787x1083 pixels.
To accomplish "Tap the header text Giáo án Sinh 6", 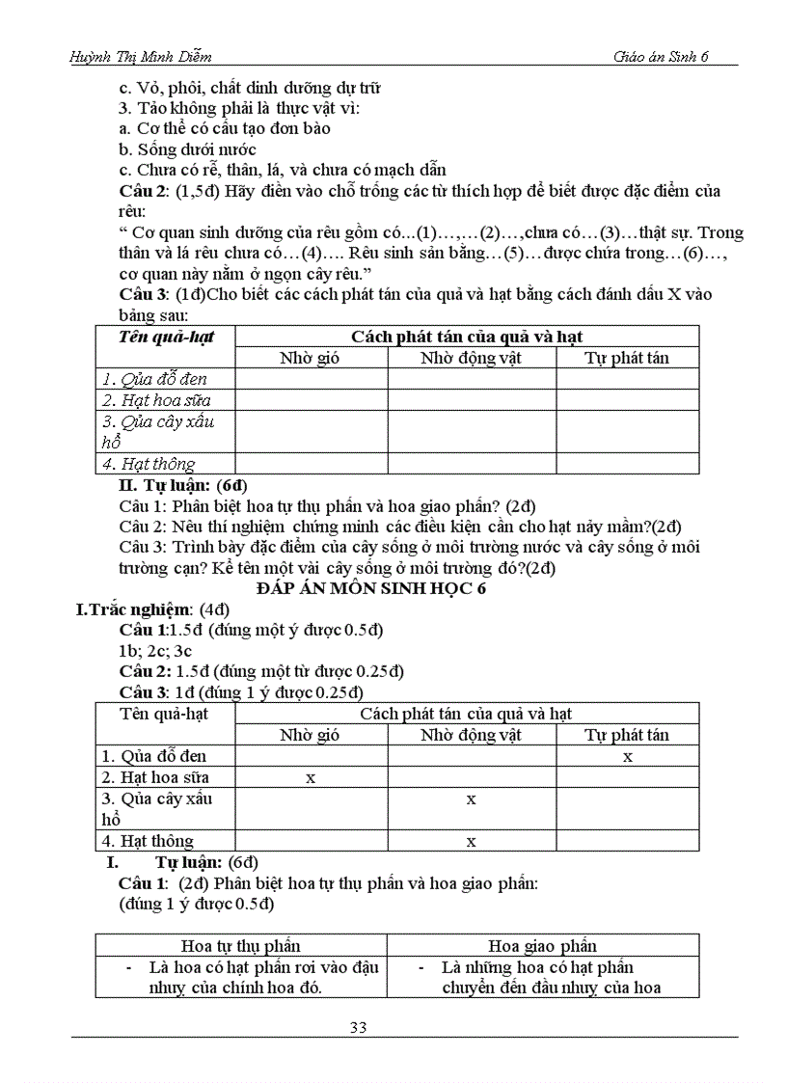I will coord(661,56).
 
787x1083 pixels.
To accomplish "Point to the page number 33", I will coord(358,1026).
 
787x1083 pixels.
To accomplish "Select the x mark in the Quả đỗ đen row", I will coord(628,757).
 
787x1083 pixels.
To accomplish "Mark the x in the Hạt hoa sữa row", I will coord(311,777).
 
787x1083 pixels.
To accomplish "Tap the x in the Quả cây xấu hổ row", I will coord(471,799).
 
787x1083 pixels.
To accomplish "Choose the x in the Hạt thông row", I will coord(471,841).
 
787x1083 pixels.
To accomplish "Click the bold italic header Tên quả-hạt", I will coord(166,337).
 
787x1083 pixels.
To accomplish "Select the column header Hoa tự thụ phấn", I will coord(241,946).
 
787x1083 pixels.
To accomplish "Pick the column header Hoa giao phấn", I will coord(542,946).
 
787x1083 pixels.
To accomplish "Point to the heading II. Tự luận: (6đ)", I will coord(182,485).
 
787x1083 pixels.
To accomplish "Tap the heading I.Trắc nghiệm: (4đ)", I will coord(152,609).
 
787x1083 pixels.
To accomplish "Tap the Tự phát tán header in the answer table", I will coord(627,735).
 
